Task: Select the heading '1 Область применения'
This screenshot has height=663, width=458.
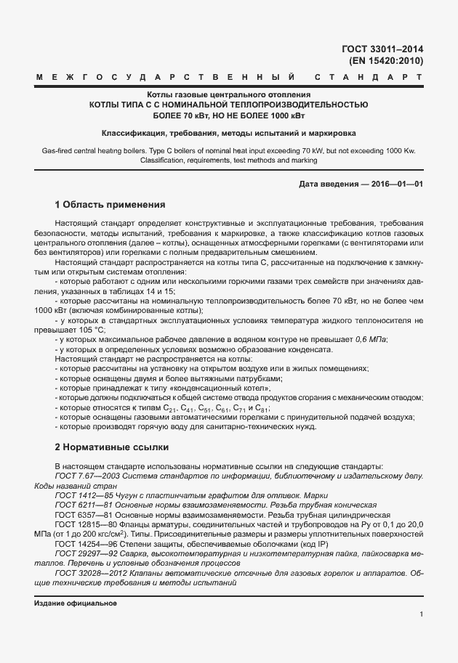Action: tap(111, 204)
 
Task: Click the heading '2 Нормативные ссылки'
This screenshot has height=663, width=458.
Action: tap(111, 447)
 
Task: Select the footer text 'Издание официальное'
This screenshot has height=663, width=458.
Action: tap(75, 603)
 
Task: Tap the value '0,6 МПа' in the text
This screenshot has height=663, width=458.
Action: tap(371, 338)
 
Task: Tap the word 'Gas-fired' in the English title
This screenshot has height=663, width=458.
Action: tap(57, 151)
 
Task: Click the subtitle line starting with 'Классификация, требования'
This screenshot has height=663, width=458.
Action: tap(228, 134)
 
